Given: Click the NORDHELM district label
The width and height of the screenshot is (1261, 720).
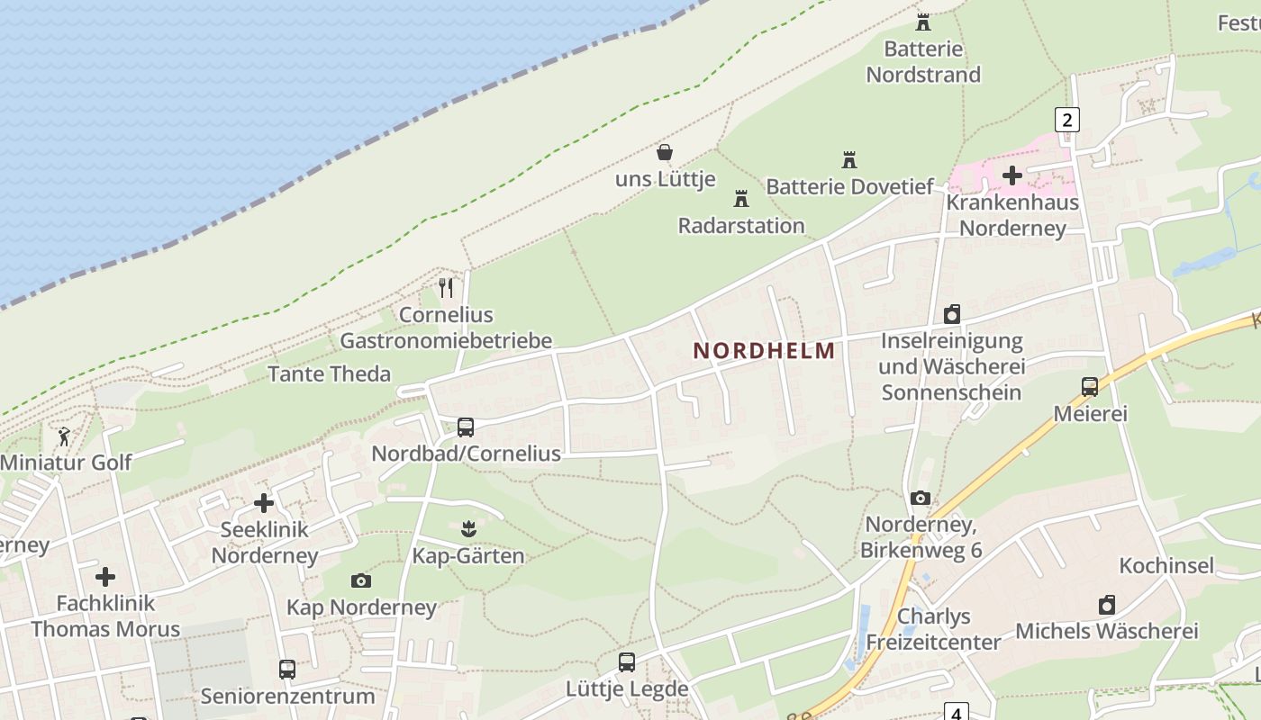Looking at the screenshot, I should [764, 351].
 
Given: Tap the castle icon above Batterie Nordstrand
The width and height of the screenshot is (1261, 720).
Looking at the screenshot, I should [923, 22].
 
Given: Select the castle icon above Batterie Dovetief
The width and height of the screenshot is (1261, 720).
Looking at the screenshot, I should [848, 160].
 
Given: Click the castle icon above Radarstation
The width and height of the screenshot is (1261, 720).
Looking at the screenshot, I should [741, 198].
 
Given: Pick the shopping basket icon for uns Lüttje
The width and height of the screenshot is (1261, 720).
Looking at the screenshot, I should [665, 152].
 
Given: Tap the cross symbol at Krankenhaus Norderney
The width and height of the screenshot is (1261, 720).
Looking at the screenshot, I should [1012, 175].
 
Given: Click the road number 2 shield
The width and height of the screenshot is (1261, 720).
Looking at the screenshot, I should [1067, 120].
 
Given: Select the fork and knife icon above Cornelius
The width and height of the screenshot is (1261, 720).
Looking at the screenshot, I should [446, 288].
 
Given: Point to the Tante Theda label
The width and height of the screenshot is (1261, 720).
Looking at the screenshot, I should [330, 373].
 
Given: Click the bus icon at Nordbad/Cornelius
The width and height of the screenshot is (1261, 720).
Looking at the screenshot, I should [466, 427].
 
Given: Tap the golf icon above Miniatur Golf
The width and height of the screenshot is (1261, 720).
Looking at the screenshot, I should [65, 437].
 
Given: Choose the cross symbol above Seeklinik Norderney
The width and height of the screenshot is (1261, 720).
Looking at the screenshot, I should [264, 503].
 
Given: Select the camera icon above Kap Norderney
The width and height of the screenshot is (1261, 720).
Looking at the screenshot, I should [361, 581].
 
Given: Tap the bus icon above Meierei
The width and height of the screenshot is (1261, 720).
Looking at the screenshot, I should [1090, 387].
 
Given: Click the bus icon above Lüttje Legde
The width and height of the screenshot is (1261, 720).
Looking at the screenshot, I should [627, 662].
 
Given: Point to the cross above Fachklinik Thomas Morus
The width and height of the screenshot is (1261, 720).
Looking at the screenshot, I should [105, 576].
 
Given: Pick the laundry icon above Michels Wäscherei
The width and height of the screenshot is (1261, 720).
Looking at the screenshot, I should [1107, 605].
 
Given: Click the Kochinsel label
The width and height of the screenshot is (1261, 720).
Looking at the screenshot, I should [1166, 565].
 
